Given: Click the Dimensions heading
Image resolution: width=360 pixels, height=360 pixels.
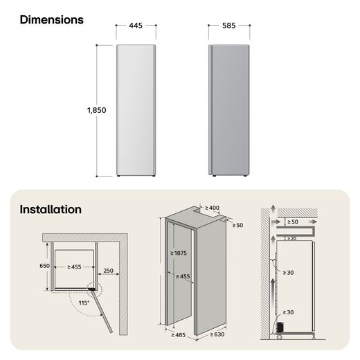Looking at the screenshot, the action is pos(52,19).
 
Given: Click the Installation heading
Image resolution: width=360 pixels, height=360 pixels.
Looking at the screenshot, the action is pos(51,210).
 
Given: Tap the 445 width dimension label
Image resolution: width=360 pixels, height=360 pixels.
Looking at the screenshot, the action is pos(136,26).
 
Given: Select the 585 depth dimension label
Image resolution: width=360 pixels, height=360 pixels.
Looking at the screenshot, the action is pos(229,26).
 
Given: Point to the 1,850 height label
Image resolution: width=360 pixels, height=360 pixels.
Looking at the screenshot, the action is pos(97,110).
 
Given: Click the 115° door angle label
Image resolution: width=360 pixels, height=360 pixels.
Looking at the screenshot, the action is pos(84,303).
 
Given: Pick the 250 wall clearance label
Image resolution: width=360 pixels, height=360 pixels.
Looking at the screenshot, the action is pos(108,271).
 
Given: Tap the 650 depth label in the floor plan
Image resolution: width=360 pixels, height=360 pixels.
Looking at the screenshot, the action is pos(44,266).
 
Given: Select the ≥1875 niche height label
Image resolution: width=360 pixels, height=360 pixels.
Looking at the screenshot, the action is pos(179,253).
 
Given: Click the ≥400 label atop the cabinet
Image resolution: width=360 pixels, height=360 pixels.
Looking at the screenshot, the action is pos(212,208).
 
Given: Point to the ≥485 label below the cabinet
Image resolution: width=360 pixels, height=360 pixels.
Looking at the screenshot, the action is pos(179,335).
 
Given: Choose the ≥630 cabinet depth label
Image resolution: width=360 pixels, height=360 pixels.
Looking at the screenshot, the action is pos(217,334).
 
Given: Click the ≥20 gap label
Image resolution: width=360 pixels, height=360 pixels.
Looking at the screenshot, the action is pos(291,239).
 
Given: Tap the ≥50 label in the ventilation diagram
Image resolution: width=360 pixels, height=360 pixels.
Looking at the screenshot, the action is pos(293,222).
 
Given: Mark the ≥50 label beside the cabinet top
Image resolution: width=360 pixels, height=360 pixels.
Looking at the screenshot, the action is pos(237,225).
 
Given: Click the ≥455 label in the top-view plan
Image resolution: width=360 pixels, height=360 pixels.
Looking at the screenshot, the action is pos(74,267).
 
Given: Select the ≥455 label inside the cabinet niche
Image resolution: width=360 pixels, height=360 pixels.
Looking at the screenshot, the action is pos(183,276).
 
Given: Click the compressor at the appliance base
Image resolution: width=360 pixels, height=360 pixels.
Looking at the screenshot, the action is pos(280,327).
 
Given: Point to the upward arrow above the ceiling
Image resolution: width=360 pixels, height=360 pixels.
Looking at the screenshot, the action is pos(273,210).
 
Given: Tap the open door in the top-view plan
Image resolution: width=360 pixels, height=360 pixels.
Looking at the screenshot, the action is pos(102,312).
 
